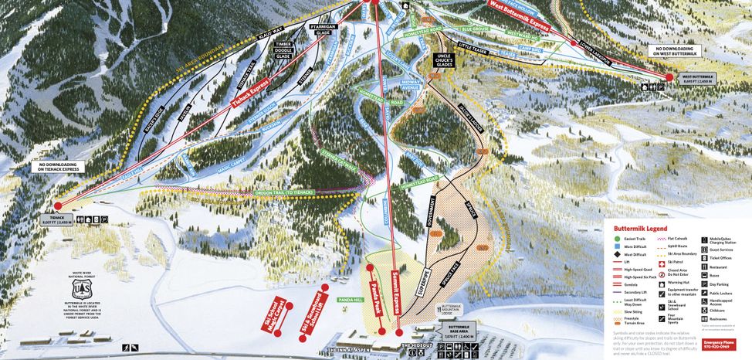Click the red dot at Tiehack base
point(59,206)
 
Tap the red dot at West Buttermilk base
point(669,76)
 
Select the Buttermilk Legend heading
point(640,229)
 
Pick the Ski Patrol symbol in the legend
point(662,263)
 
